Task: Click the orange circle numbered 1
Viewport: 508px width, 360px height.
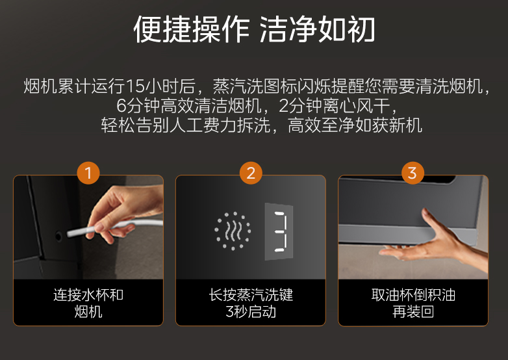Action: tap(88, 173)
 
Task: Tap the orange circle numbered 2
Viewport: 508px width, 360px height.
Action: tap(251, 173)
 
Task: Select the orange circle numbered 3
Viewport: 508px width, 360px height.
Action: tap(413, 173)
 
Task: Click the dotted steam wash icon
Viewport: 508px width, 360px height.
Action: tap(233, 231)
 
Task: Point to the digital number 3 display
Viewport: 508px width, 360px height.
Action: tap(279, 231)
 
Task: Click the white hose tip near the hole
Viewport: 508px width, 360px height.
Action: tap(69, 234)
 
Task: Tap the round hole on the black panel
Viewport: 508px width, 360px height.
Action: tap(58, 237)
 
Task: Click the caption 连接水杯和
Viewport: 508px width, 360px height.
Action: tap(88, 295)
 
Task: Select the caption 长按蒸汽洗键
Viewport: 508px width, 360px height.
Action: tap(251, 295)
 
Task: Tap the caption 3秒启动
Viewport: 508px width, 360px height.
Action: tap(251, 312)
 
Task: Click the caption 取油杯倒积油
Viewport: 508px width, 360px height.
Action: tap(413, 295)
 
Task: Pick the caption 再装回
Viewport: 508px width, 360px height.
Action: tap(413, 312)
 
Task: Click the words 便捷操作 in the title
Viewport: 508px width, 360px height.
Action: tap(192, 29)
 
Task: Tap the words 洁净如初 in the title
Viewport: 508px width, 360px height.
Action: tap(318, 29)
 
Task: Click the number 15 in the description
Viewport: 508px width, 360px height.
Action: tap(134, 86)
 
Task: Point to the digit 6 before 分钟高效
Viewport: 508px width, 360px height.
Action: tap(121, 106)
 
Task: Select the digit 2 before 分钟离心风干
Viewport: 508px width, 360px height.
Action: tap(283, 106)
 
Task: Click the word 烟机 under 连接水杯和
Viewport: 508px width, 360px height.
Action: tap(88, 312)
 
